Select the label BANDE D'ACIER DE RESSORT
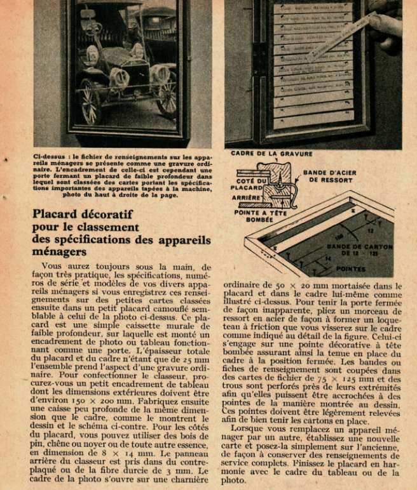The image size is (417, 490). tap(329, 176)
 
